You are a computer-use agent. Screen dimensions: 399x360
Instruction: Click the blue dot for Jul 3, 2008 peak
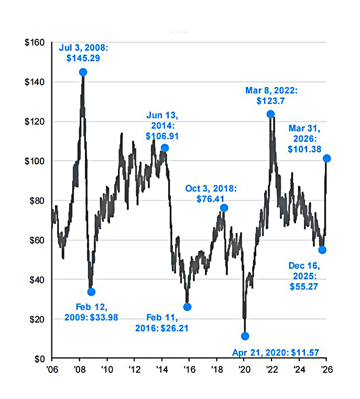(83, 72)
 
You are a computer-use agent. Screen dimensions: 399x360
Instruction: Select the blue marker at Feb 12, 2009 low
(91, 292)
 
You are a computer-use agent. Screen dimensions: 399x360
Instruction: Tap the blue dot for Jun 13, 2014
(165, 148)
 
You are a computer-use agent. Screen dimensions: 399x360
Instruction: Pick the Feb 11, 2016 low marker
(187, 307)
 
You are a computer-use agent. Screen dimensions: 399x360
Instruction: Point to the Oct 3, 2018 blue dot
(224, 208)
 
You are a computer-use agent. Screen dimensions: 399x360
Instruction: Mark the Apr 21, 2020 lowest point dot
(245, 336)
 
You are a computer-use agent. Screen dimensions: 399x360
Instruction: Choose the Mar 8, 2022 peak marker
(270, 114)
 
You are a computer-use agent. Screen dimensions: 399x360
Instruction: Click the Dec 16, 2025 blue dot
(322, 250)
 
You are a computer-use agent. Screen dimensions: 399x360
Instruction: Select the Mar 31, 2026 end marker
(327, 158)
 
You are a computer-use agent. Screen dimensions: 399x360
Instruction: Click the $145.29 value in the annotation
(83, 59)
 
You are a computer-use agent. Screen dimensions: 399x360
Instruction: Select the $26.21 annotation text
(174, 329)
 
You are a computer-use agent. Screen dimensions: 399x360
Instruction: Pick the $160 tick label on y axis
(35, 42)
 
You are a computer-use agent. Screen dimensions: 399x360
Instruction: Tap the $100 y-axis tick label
(35, 161)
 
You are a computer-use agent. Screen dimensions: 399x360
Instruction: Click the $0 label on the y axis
(39, 359)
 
